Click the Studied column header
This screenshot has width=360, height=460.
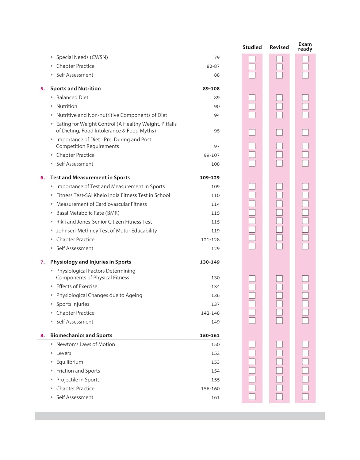click(252, 47)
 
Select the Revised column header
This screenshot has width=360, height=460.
click(279, 47)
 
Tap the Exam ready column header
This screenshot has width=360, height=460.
click(305, 47)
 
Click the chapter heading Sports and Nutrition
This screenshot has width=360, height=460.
click(75, 89)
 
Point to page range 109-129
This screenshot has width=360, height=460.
click(210, 178)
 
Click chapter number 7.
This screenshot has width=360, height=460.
click(42, 262)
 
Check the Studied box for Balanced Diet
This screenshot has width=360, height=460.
click(252, 98)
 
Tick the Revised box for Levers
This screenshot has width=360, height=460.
click(279, 353)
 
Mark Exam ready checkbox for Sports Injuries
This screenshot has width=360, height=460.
click(305, 304)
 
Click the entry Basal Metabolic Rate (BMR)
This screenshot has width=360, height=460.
click(88, 213)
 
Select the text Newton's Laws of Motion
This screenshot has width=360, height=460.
click(86, 344)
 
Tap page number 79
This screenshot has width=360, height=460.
click(217, 57)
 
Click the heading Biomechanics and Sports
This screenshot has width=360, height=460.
click(81, 335)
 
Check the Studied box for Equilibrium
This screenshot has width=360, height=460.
click(252, 362)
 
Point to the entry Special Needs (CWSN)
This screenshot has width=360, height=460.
click(82, 57)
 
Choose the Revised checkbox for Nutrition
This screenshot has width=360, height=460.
click(279, 106)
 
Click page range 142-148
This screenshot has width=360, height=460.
click(210, 313)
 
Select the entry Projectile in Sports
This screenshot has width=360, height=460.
click(78, 380)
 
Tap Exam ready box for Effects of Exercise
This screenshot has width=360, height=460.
click(305, 287)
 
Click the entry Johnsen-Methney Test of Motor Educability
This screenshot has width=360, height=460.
click(106, 231)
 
